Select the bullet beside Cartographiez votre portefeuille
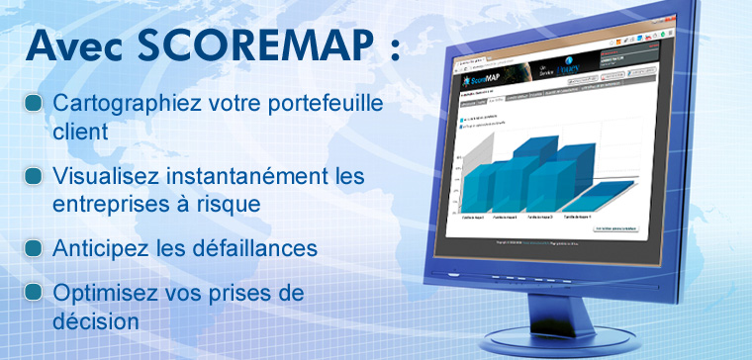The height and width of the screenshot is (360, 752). pyautogui.click(x=35, y=103)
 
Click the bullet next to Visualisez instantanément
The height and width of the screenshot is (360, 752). pyautogui.click(x=35, y=176)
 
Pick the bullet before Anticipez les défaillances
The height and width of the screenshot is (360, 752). pyautogui.click(x=35, y=247)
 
